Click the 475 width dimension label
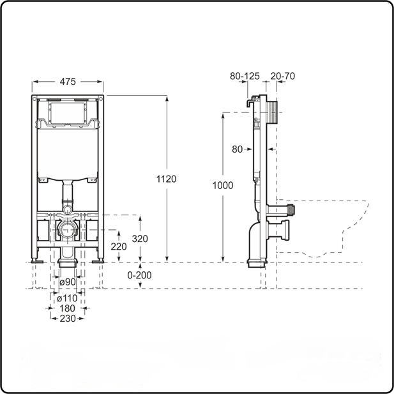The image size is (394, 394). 68,81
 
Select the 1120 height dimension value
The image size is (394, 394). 166,179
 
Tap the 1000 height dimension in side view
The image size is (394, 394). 223,185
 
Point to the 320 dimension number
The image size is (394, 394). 140,238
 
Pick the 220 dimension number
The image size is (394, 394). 119,246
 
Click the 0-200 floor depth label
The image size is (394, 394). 139,275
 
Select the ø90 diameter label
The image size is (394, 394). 68,282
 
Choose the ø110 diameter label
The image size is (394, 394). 67,298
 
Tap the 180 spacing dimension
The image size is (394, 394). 67,308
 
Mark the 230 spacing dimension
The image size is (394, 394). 68,319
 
